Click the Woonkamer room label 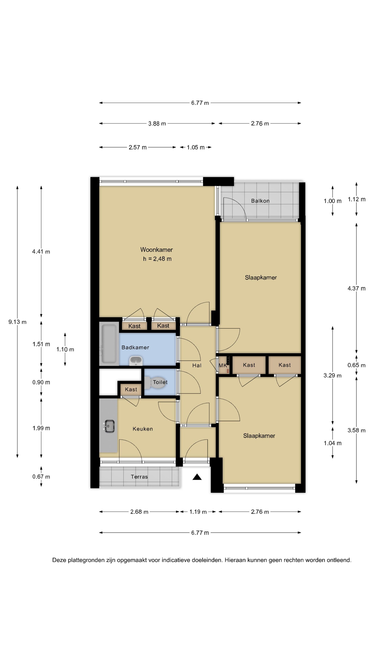click(x=157, y=249)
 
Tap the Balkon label click(x=260, y=201)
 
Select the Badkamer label click(x=135, y=347)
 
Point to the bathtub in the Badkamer click(x=109, y=344)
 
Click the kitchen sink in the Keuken click(x=109, y=426)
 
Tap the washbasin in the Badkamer click(x=136, y=361)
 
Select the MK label click(x=223, y=365)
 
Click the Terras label click(x=139, y=477)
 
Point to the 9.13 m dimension click(x=17, y=322)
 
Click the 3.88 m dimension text click(x=157, y=124)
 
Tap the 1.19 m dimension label click(x=198, y=512)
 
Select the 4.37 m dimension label click(x=356, y=288)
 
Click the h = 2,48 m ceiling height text click(x=157, y=259)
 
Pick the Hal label click(x=197, y=365)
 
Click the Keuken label click(x=143, y=429)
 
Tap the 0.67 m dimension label click(x=41, y=477)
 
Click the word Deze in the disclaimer click(x=59, y=560)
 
